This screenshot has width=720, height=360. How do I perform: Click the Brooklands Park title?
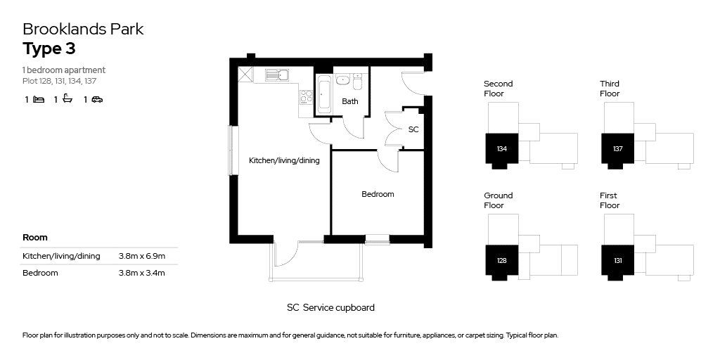point(83,29)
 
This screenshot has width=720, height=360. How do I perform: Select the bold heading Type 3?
point(49,49)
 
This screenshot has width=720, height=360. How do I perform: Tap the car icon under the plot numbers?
point(97,99)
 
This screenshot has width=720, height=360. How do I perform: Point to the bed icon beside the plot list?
point(39,99)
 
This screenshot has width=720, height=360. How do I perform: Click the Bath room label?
point(350,101)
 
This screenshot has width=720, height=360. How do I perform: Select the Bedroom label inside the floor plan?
point(378,194)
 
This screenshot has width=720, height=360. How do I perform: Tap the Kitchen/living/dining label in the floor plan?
point(284,161)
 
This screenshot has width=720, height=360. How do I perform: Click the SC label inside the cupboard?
point(413,129)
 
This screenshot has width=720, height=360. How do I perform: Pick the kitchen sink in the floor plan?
point(276,75)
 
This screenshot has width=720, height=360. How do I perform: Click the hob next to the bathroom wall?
point(307,97)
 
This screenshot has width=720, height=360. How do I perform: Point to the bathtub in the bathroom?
point(323,95)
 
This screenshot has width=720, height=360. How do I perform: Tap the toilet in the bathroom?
point(357,82)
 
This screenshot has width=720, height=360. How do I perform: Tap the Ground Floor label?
point(499,200)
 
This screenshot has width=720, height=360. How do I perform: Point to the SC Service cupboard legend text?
point(330,308)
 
